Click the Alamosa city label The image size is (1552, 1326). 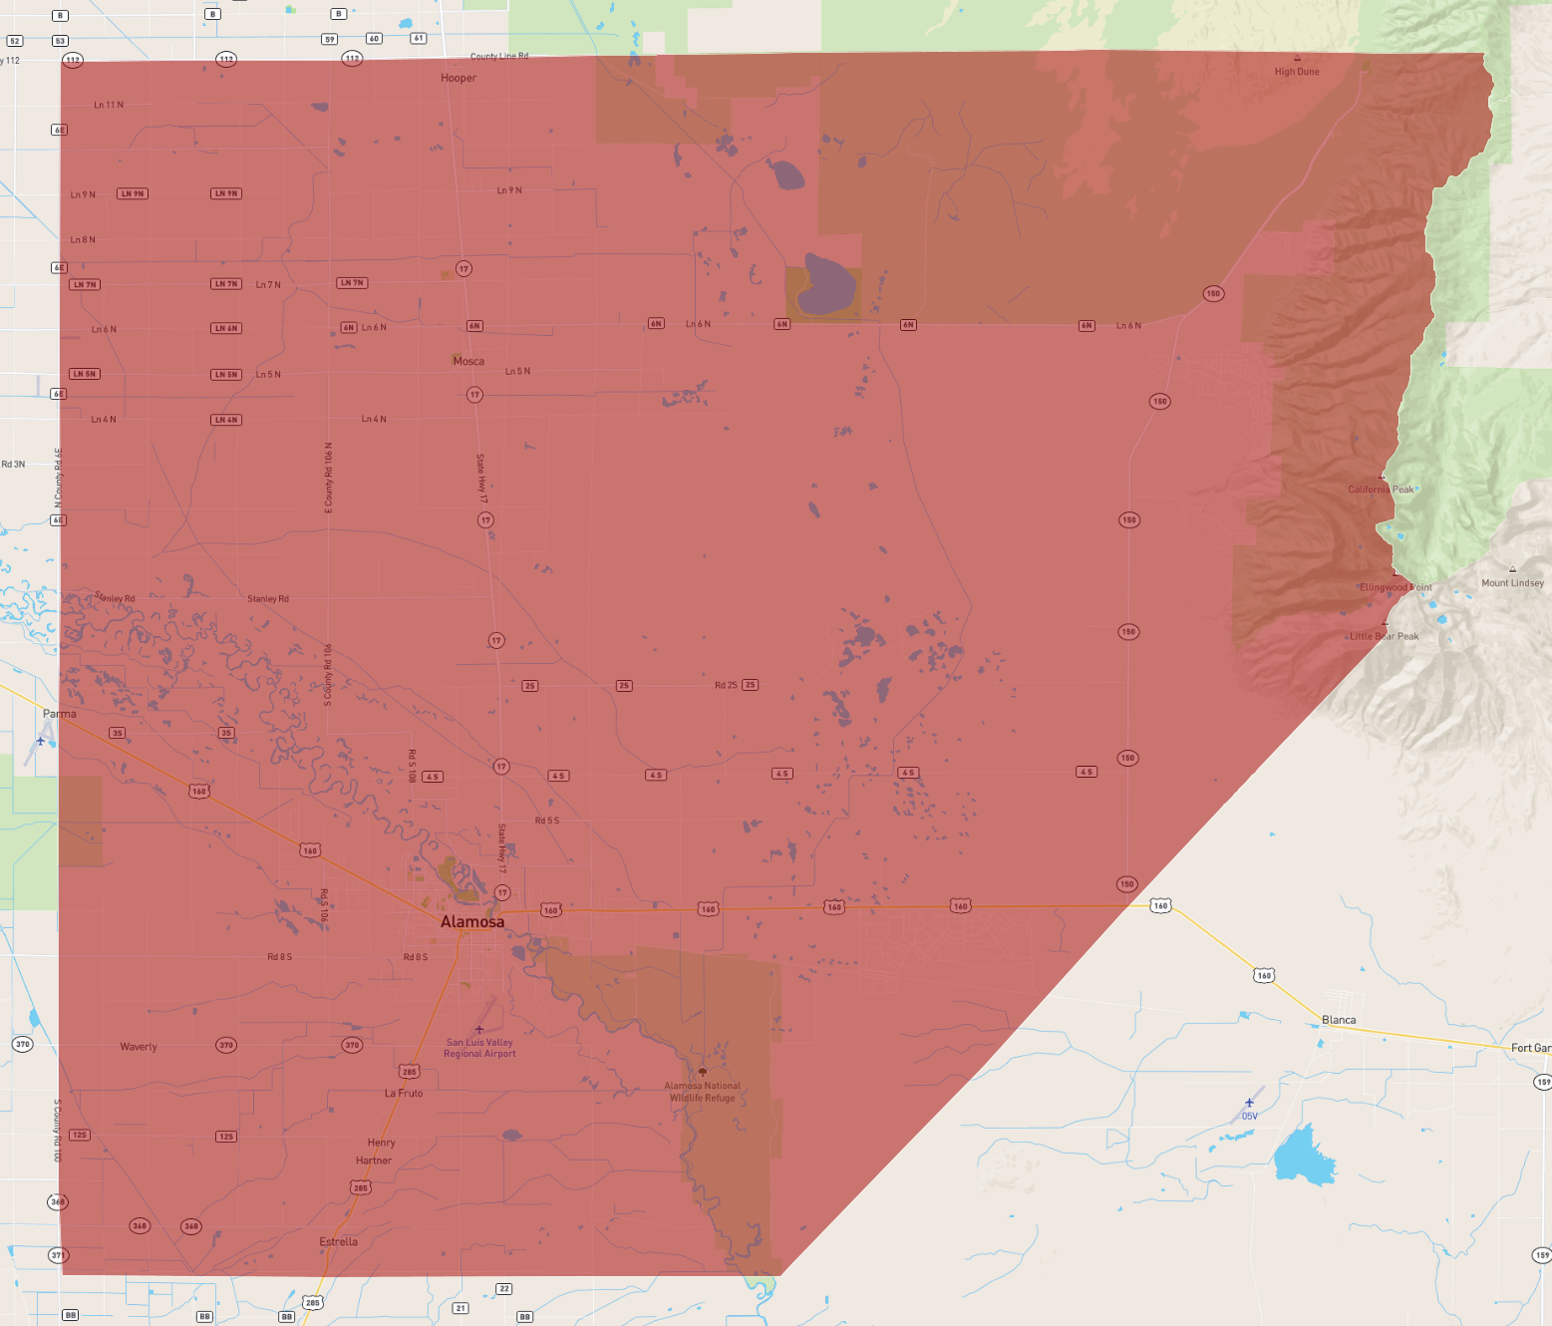[x=472, y=921]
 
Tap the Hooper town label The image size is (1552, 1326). [x=459, y=78]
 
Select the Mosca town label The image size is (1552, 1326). [x=468, y=361]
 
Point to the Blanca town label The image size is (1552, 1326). [x=1338, y=1020]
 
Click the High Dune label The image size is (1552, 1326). [x=1296, y=72]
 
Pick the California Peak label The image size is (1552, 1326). [x=1381, y=490]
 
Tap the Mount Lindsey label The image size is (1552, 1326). [x=1512, y=583]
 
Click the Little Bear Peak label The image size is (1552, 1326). [x=1384, y=636]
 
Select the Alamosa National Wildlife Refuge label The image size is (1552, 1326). [x=703, y=1092]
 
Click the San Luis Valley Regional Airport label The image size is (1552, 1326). [x=479, y=1048]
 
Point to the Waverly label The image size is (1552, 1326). [x=139, y=1047]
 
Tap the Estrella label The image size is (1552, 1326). [x=338, y=1241]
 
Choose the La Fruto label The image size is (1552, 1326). [x=404, y=1093]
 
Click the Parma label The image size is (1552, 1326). [x=59, y=714]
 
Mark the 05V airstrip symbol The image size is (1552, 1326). [x=1249, y=1103]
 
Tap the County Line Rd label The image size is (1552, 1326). [x=499, y=57]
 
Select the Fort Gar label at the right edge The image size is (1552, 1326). [x=1530, y=1048]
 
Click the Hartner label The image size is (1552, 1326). [x=374, y=1160]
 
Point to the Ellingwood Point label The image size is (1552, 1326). [x=1396, y=587]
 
